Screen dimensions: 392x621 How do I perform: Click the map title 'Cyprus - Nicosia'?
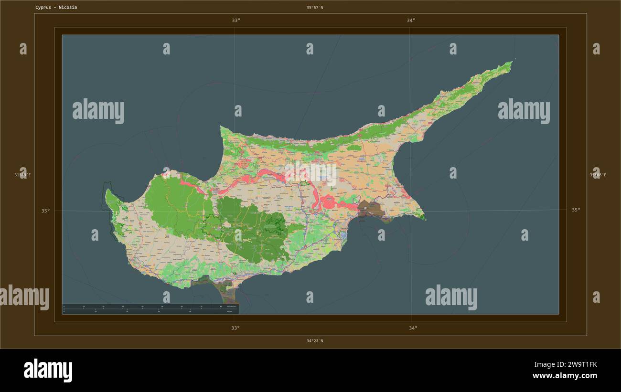pos(56,8)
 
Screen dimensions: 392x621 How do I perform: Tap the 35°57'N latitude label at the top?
pos(315,8)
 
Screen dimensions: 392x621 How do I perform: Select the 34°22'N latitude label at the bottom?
pos(315,341)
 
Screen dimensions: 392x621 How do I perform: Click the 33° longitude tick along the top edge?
pos(236,21)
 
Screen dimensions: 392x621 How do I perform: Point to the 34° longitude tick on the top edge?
pos(411,21)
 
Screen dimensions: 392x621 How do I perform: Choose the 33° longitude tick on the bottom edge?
pos(236,328)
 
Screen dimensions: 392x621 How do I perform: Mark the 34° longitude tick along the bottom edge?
pos(413,328)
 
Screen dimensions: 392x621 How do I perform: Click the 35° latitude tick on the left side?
pos(45,211)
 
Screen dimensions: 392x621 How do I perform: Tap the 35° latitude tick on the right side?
pos(576,210)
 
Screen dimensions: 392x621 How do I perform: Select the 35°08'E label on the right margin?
pos(598,175)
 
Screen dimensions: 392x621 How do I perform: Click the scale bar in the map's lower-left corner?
pos(150,309)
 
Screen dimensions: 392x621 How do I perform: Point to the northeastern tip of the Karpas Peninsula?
pos(511,62)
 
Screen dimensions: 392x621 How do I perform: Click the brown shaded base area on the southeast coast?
pos(371,209)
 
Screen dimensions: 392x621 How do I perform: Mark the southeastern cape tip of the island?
pos(425,218)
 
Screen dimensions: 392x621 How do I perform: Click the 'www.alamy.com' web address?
pos(565,376)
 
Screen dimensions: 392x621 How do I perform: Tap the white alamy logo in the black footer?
pos(48,371)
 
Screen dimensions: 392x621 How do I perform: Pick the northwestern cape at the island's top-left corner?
pos(222,127)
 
